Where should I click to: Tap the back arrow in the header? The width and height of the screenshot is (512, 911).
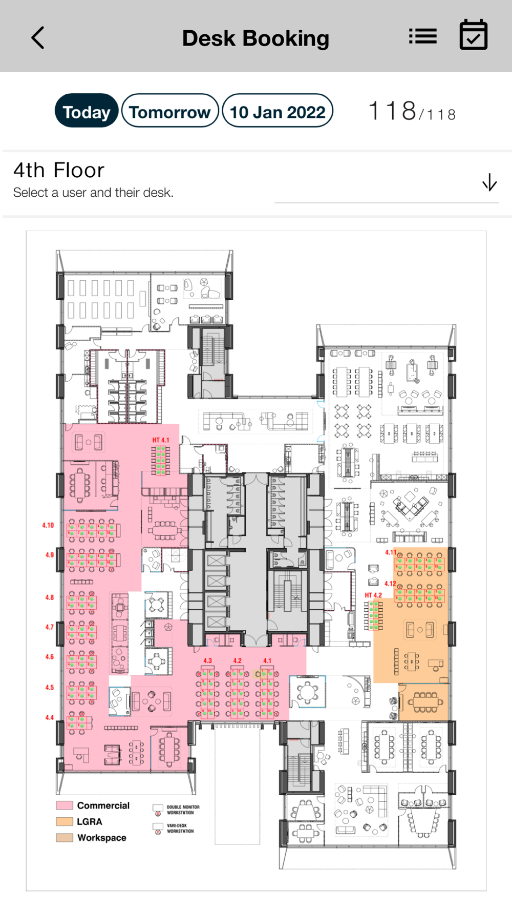pos(38,38)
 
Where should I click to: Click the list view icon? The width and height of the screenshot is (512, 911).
pos(423,36)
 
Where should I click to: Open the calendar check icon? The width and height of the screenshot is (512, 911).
pos(474,35)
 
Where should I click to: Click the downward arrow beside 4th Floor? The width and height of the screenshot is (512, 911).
pos(489,182)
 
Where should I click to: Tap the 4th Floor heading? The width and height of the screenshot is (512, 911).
pos(59,170)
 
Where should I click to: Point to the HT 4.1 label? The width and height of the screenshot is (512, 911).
pos(160,440)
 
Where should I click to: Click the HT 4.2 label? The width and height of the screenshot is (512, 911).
pos(373,595)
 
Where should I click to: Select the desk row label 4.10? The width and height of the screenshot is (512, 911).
pos(48,525)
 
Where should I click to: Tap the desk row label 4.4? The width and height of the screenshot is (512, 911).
pos(50,718)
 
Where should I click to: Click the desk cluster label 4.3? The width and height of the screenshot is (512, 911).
pos(207,661)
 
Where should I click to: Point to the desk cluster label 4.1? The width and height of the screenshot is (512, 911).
pos(267,661)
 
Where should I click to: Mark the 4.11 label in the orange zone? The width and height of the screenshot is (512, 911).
pos(391,552)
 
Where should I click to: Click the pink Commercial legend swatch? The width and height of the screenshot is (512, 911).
pos(65,805)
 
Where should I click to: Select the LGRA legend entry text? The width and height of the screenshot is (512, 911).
pos(90,822)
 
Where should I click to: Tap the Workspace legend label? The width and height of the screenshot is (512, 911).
pos(102,838)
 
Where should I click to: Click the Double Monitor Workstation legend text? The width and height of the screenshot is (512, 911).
pos(183,810)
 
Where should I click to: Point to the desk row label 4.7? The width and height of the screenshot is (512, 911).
pos(50,627)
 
